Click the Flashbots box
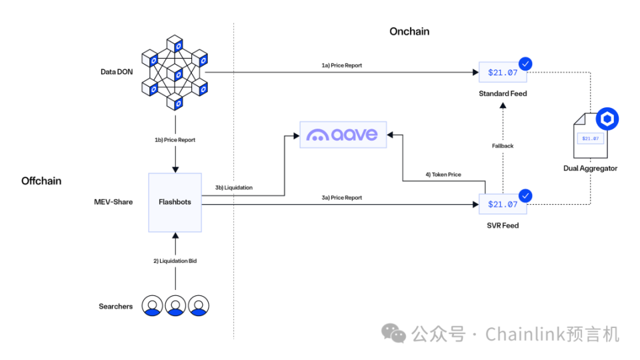click(x=175, y=201)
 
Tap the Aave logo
click(x=342, y=135)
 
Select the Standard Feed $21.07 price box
click(x=503, y=73)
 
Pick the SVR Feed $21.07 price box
click(x=503, y=205)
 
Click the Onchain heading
click(x=409, y=31)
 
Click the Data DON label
click(x=117, y=71)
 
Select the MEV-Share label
click(x=113, y=201)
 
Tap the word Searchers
click(x=115, y=307)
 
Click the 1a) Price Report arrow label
click(x=342, y=65)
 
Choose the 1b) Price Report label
click(x=175, y=140)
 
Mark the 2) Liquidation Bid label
click(x=175, y=261)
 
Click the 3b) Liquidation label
click(x=234, y=188)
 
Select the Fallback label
click(x=503, y=146)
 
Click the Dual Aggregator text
click(x=590, y=169)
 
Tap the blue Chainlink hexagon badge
click(x=607, y=119)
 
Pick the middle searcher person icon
click(x=175, y=305)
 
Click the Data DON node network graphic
click(x=175, y=73)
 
